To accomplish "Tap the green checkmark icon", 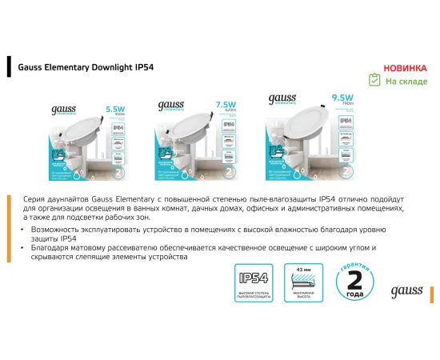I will tap(374, 80).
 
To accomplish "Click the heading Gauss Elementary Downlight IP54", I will tap(86, 68).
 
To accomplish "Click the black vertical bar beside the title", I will tap(8, 68).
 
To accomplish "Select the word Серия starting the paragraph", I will tap(34, 198).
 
